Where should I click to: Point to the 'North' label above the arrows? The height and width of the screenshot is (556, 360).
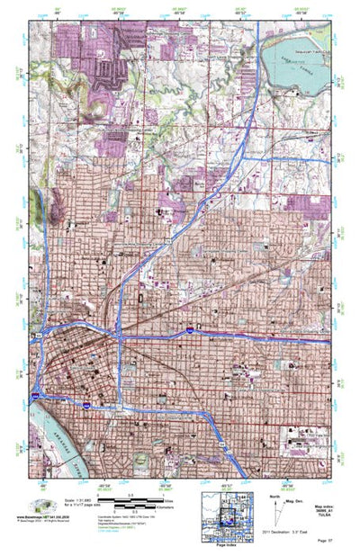(x=274, y=493)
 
